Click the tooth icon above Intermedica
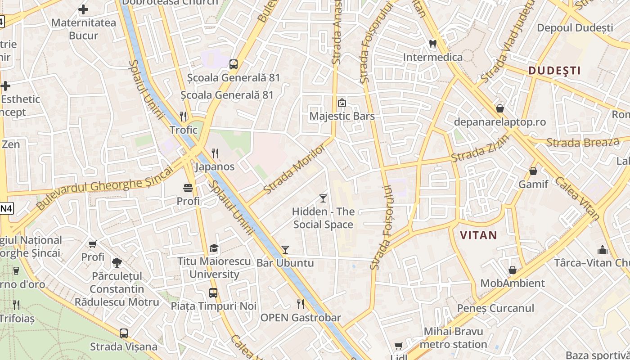coord(433,44)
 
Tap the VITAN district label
coord(478,235)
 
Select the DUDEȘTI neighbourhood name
coord(554,70)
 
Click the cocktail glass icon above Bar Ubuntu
coord(285,250)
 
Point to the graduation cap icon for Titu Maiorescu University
coord(214,248)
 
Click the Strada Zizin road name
coord(480,149)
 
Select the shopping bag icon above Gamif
coord(533,171)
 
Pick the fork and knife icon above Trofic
coord(183,117)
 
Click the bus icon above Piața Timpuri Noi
coord(213,293)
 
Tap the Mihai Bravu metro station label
coord(453,338)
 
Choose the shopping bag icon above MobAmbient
coord(512,270)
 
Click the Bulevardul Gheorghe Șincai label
coord(104,188)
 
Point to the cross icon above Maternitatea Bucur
coord(83,9)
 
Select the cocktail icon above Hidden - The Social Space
coord(323,198)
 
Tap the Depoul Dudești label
coord(575,28)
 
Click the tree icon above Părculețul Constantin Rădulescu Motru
coord(117,262)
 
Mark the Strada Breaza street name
coord(582,143)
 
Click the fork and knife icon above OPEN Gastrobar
coord(301,304)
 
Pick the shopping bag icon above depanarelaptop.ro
coord(499,108)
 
